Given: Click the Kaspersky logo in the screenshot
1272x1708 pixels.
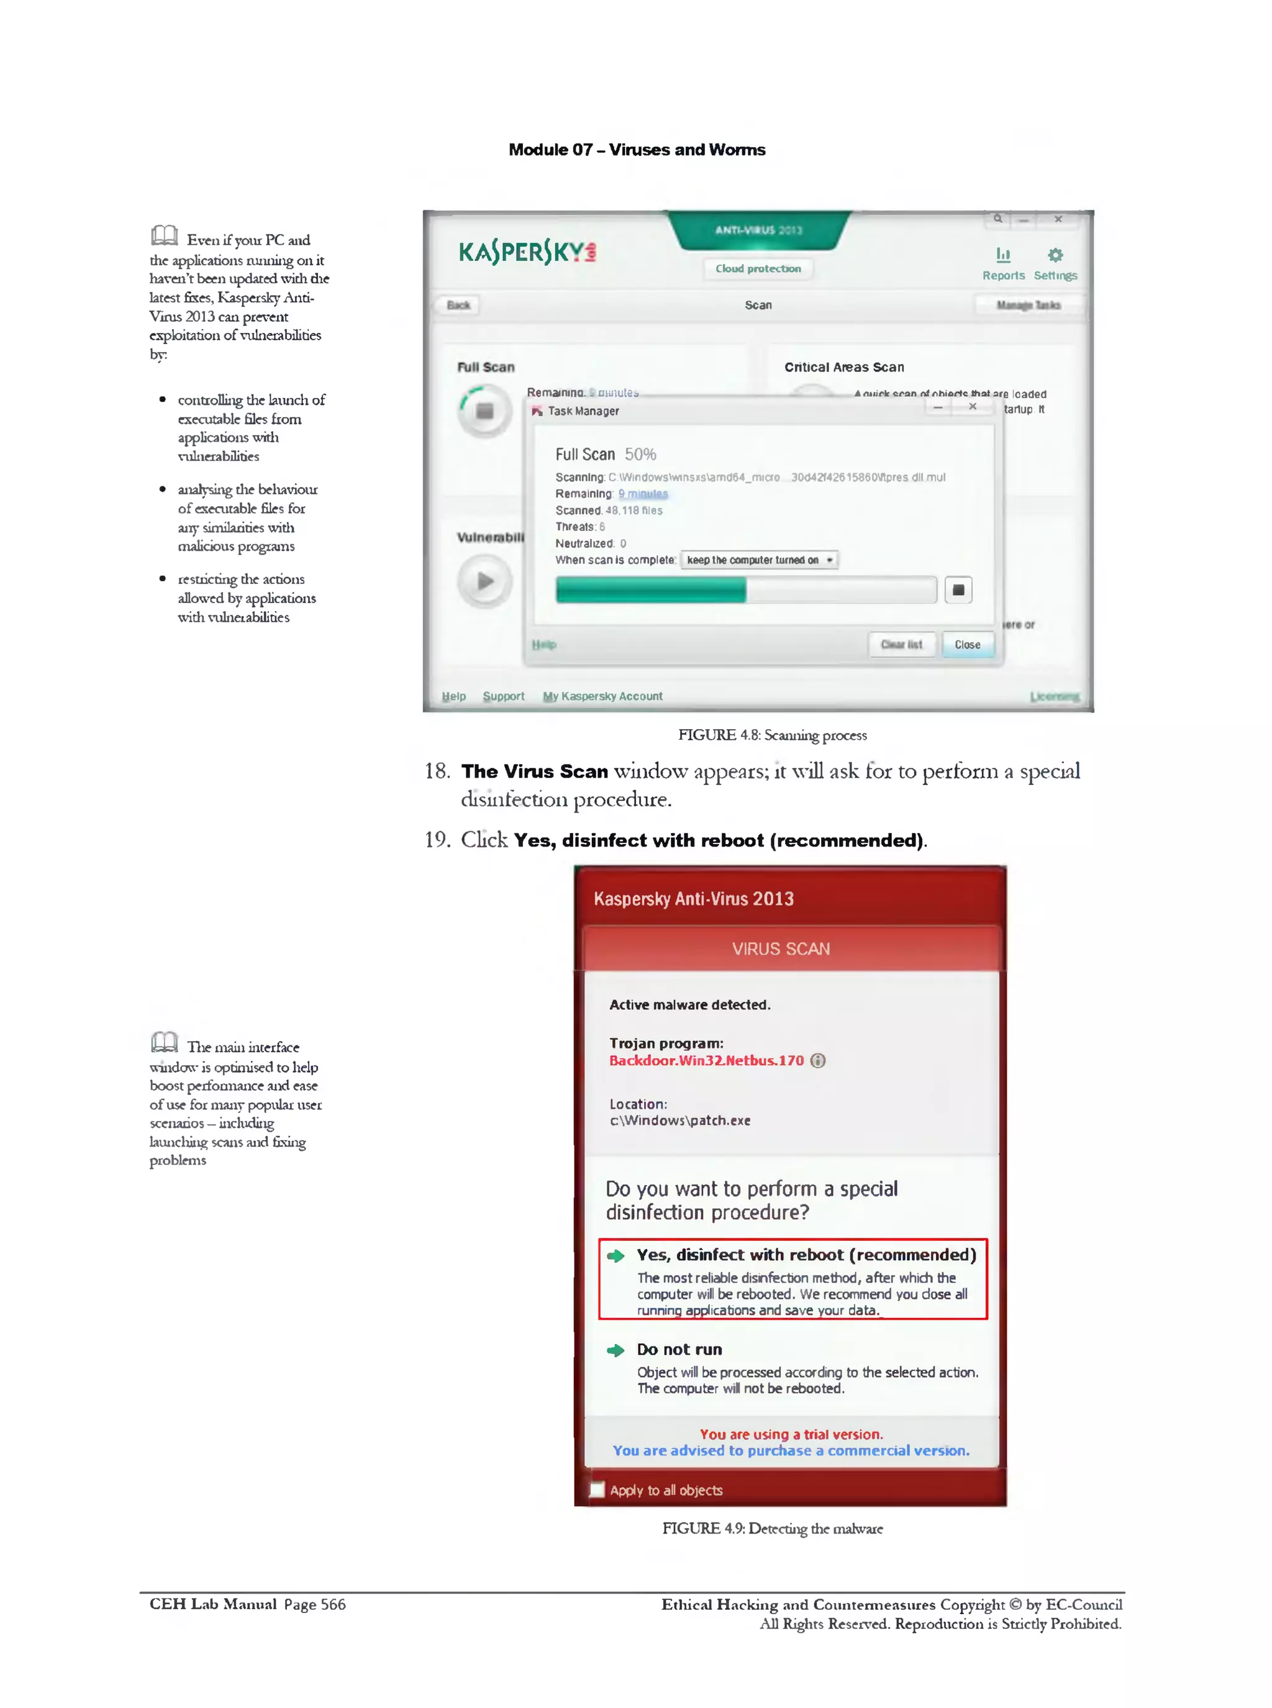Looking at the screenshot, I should [x=527, y=252].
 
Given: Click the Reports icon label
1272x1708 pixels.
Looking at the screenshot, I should [x=1003, y=275].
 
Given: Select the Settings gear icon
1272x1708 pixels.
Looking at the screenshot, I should [x=1055, y=255].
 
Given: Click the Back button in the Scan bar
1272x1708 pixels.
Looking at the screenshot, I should [x=458, y=305].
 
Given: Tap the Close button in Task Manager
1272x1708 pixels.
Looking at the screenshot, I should [x=967, y=645].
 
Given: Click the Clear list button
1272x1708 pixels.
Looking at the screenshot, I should [x=901, y=645].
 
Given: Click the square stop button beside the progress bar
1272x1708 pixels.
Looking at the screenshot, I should [x=958, y=590].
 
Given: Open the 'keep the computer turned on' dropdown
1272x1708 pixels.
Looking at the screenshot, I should [x=759, y=560].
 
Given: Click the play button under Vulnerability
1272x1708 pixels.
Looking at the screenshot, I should [x=484, y=581].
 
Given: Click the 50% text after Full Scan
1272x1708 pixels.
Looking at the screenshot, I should [x=640, y=455].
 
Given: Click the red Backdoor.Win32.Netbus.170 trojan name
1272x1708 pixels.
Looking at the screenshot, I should [x=706, y=1060].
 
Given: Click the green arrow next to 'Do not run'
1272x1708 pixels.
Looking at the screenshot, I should [x=616, y=1350].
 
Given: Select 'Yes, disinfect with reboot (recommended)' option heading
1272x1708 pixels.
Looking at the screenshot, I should [x=806, y=1255].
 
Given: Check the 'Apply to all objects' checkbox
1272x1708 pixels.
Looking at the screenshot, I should [x=597, y=1490].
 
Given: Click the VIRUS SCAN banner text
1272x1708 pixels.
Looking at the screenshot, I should [x=781, y=949].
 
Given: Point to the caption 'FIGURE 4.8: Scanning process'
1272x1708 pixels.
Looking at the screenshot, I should [x=772, y=735].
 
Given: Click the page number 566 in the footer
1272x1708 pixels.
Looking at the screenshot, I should [x=333, y=1605].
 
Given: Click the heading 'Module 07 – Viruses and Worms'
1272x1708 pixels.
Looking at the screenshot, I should [x=637, y=150].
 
